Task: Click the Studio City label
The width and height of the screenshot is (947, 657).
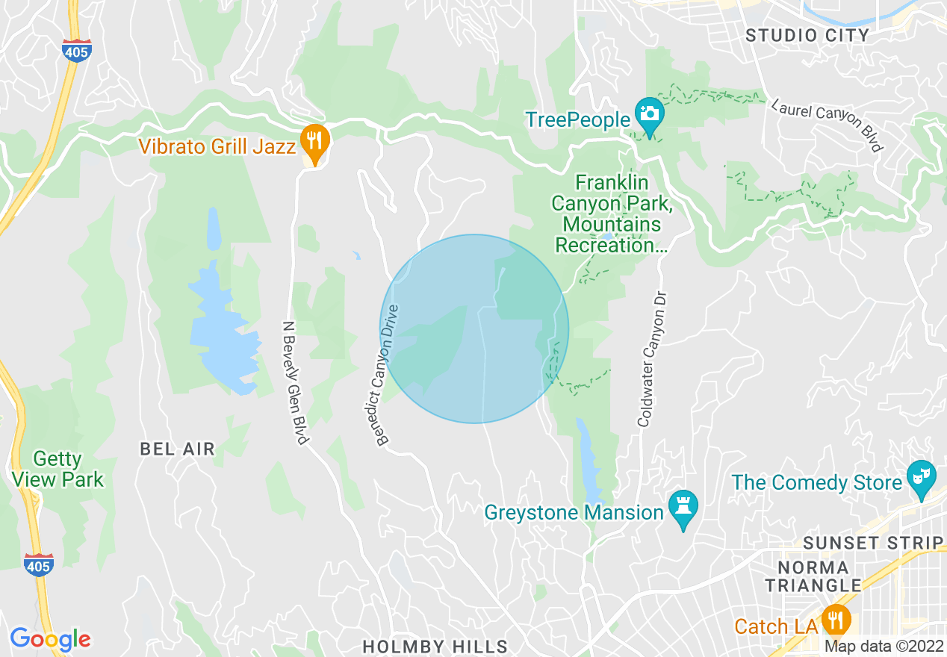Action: (807, 35)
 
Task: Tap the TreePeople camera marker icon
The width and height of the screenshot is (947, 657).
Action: (650, 114)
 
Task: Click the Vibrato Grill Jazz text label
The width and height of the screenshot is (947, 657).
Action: (217, 146)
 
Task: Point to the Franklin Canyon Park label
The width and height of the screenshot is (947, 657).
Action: (606, 214)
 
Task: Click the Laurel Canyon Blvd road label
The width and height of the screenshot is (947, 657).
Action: (827, 125)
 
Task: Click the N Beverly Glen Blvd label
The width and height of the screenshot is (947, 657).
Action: (296, 382)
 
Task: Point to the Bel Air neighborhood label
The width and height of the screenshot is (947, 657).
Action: (178, 449)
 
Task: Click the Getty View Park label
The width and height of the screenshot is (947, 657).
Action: (58, 469)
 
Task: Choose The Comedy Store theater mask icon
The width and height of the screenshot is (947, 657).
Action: (920, 476)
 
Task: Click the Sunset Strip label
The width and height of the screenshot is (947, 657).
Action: (872, 543)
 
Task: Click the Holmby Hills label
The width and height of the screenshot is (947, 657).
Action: (435, 646)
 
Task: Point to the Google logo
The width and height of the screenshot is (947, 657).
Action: (50, 639)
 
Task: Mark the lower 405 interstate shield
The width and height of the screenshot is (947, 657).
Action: (38, 565)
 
